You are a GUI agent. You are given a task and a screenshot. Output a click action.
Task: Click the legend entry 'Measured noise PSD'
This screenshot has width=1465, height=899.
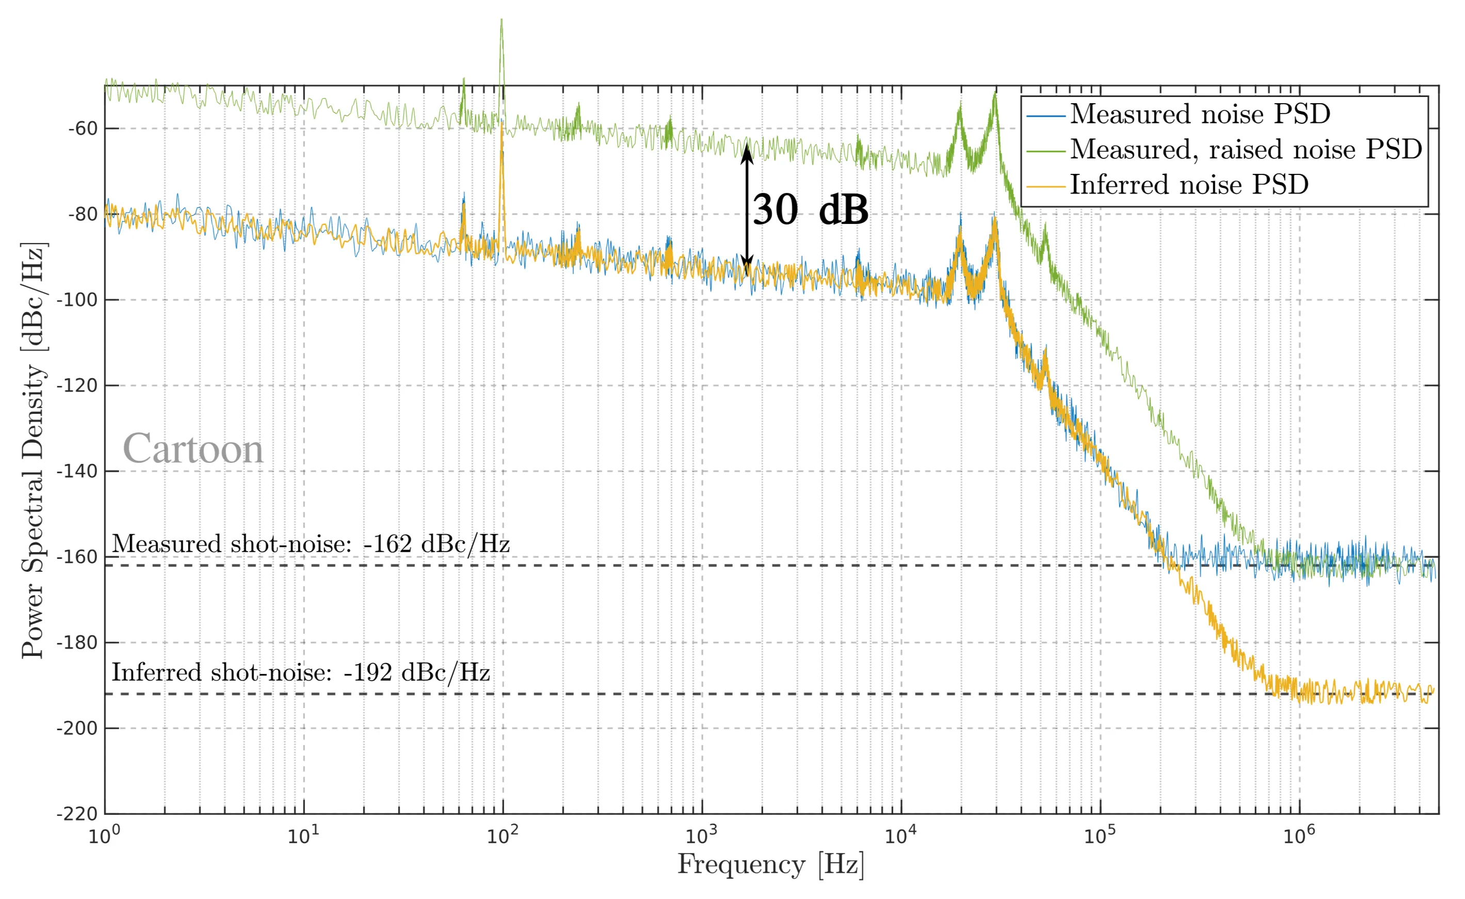point(1200,114)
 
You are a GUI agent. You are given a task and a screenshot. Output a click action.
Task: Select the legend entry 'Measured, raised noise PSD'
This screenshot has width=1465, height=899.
point(1246,149)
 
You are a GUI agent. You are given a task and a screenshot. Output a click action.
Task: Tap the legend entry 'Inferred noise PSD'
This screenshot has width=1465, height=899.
point(1189,184)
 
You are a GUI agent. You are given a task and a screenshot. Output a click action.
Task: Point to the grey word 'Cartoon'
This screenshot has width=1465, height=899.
point(192,449)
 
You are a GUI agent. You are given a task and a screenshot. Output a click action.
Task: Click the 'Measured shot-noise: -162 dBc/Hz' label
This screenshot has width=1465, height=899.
point(310,544)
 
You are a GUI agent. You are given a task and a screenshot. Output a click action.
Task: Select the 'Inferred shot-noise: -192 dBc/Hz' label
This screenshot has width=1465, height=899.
point(301,672)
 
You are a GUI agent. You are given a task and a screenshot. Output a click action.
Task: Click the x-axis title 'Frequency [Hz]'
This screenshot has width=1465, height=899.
point(771,864)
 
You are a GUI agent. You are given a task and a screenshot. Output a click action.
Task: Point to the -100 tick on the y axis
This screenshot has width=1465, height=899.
point(77,300)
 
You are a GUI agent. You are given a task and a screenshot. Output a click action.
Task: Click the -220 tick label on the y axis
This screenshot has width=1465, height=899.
point(77,814)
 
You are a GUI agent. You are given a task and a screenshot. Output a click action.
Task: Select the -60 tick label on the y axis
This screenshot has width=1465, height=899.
point(82,129)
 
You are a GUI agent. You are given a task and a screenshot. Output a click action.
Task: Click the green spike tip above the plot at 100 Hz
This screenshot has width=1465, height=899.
point(502,21)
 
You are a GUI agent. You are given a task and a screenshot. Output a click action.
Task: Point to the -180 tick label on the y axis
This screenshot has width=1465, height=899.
point(77,643)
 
